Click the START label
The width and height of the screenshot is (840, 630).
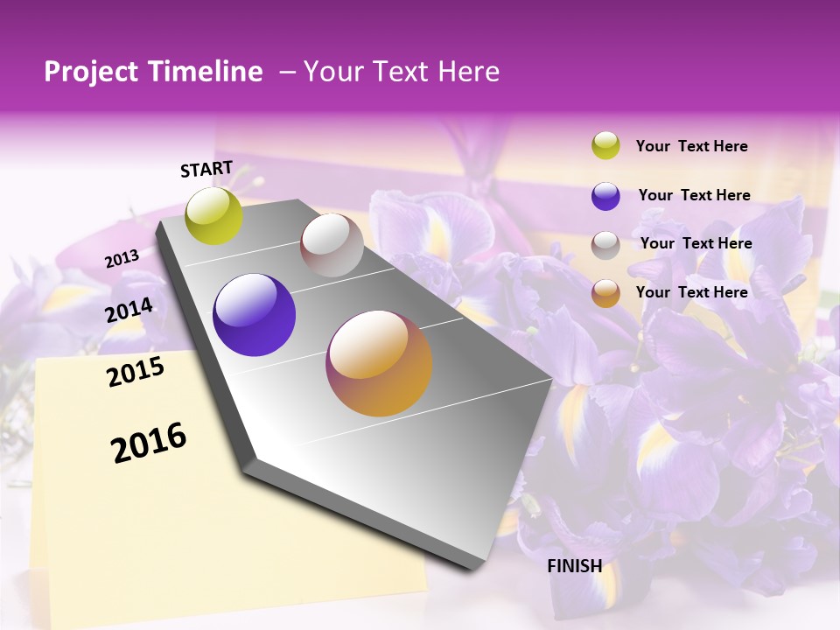click(x=206, y=169)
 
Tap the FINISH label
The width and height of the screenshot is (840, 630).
click(x=574, y=566)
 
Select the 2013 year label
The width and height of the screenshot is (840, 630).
click(x=122, y=259)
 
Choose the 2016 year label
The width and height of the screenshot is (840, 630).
click(x=149, y=443)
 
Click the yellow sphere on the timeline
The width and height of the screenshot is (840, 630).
click(x=214, y=216)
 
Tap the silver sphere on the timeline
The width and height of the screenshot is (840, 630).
click(x=332, y=245)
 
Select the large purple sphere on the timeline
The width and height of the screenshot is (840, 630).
click(x=254, y=315)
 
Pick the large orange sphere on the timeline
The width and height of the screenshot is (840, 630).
click(x=379, y=363)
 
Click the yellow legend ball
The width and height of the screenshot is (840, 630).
click(x=605, y=145)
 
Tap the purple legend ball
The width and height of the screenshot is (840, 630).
click(x=605, y=196)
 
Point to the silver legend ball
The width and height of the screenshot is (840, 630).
click(x=605, y=245)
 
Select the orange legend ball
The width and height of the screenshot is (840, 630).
click(x=605, y=293)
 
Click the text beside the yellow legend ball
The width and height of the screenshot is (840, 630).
click(x=691, y=147)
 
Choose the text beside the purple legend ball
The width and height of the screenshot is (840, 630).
click(x=694, y=195)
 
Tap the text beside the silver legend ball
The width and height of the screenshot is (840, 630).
click(x=696, y=243)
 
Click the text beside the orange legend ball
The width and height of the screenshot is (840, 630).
click(x=691, y=292)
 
